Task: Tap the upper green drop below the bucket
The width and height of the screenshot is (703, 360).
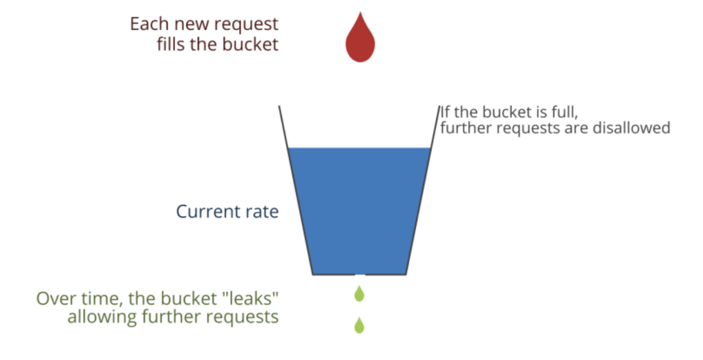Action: point(359,294)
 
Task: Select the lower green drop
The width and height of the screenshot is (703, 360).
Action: point(359,325)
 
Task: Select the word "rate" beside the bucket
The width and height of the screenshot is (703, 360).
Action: point(262,211)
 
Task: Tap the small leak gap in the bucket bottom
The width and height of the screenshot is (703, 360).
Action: point(360,274)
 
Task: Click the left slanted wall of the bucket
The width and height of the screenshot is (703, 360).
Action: point(296,190)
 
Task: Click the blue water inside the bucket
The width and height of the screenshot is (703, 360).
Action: point(359,210)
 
